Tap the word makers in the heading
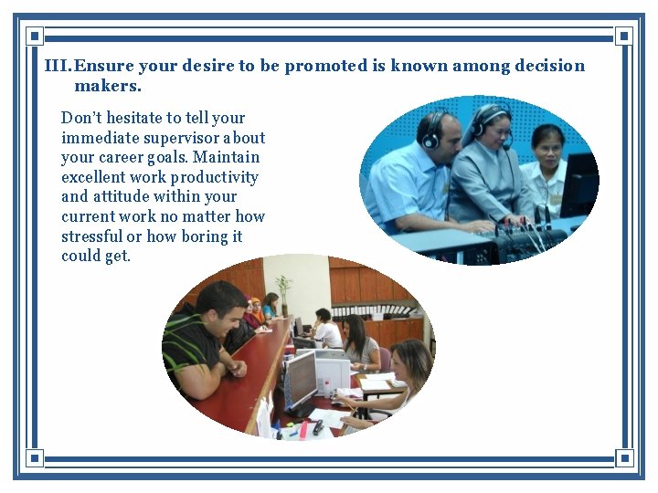click(x=107, y=87)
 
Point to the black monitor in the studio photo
click(x=578, y=183)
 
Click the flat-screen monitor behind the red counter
click(x=301, y=375)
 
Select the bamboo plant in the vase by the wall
click(x=284, y=292)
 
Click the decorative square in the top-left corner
click(x=34, y=37)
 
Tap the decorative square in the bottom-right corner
click(x=624, y=456)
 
